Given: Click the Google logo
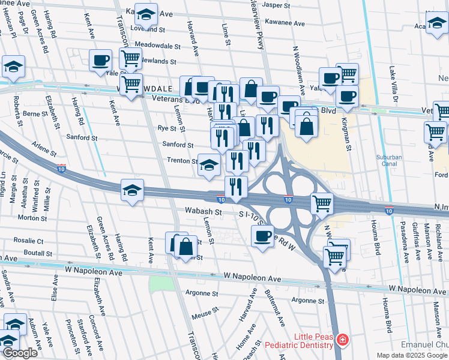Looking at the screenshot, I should click(19, 353).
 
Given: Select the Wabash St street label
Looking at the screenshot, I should click(203, 212).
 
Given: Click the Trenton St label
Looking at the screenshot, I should click(182, 161).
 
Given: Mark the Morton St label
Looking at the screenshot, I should click(28, 218).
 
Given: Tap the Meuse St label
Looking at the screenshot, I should click(203, 316).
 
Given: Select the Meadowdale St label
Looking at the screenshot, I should click(157, 46).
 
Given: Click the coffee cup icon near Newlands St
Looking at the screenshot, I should click(100, 59).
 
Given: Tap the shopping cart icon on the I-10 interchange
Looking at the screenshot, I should click(322, 204).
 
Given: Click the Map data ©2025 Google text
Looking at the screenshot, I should click(412, 355).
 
